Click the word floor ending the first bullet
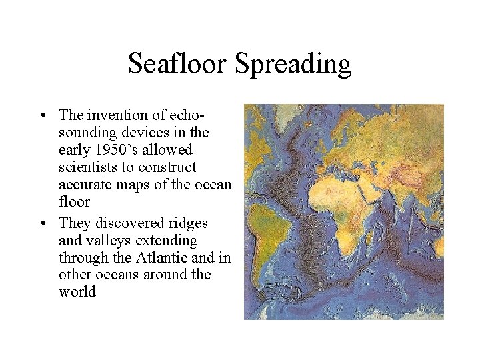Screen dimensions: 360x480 coord(73,201)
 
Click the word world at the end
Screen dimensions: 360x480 coord(77,292)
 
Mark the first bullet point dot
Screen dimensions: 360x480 coord(43,115)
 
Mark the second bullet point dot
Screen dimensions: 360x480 coord(43,223)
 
